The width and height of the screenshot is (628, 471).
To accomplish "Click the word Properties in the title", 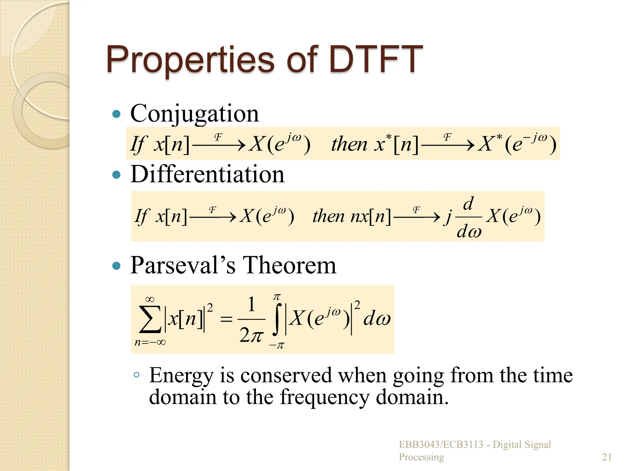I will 190,60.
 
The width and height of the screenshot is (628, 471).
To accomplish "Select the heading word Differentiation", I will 207,174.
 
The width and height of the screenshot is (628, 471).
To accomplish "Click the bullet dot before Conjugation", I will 117,114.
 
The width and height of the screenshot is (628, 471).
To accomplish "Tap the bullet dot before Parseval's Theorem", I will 117,266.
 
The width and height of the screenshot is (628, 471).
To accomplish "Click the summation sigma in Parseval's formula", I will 150,319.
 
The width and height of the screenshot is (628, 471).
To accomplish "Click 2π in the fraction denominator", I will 251,335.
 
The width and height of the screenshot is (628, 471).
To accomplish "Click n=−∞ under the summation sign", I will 150,342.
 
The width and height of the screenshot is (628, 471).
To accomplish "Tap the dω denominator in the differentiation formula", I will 469,232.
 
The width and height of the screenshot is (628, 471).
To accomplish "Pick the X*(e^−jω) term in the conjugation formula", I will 517,143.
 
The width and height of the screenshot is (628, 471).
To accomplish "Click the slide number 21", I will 607,457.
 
